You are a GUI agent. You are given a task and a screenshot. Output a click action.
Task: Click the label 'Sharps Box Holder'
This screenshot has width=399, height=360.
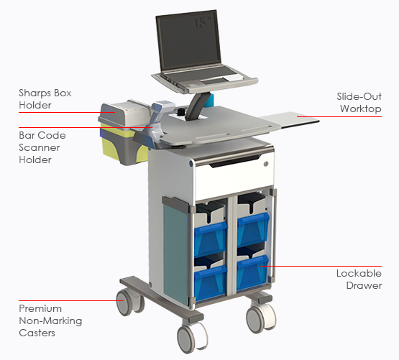click(x=45, y=99)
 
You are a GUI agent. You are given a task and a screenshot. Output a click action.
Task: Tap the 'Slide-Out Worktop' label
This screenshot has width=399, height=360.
click(x=359, y=102)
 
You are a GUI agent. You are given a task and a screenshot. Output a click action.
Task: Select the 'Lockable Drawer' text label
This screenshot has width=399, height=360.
click(x=359, y=279)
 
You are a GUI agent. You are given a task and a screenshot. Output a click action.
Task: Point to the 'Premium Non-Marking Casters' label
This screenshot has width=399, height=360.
click(x=50, y=320)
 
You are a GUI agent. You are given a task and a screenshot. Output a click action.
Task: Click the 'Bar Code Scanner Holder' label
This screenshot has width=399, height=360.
click(x=42, y=147)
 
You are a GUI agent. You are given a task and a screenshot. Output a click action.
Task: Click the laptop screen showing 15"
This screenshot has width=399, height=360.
click(x=188, y=41)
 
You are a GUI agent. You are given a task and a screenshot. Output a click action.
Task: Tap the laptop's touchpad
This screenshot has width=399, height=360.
click(x=214, y=81)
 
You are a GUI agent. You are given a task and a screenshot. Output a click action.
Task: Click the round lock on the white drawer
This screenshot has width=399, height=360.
click(x=266, y=164)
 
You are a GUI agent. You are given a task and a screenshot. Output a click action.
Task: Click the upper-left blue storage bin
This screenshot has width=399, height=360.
click(x=210, y=239)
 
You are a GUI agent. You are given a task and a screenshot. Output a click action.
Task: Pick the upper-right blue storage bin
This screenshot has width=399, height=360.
click(x=253, y=230)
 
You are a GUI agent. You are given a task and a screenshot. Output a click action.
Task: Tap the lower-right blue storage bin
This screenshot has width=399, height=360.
click(x=252, y=273)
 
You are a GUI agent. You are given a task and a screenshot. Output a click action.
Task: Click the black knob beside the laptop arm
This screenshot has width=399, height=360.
click(x=182, y=111)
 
